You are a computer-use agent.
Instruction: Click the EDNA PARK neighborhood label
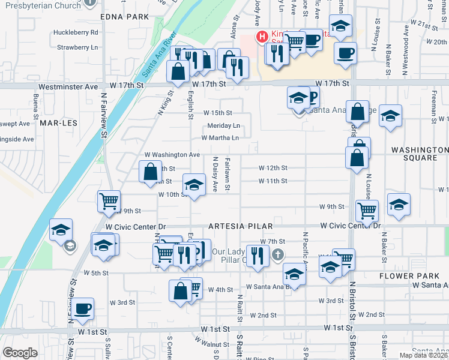(124, 17)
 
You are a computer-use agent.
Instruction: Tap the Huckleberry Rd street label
(76, 32)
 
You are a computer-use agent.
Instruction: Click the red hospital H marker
(262, 37)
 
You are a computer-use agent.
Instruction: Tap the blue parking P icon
(312, 95)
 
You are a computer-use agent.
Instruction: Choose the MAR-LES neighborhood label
(56, 122)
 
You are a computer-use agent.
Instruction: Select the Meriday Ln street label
(223, 125)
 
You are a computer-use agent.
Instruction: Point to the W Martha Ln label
(220, 137)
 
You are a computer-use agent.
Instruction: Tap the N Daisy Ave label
(215, 175)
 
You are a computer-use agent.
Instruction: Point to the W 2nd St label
(263, 314)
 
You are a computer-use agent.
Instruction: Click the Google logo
(20, 353)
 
